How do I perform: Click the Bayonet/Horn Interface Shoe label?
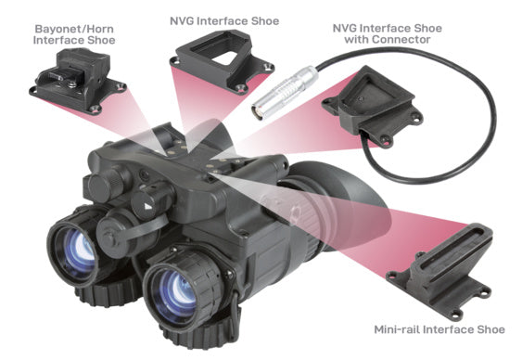tap(74, 34)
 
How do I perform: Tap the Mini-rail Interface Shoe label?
tap(439, 329)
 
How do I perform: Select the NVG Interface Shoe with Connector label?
tap(388, 33)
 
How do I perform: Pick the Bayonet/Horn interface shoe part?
tap(77, 79)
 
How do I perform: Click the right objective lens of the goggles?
tap(176, 292)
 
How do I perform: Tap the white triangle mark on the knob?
tap(147, 207)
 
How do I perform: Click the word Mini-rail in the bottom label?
tap(396, 329)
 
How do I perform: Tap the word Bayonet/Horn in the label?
tap(74, 29)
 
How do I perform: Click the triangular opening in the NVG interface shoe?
tap(229, 58)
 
